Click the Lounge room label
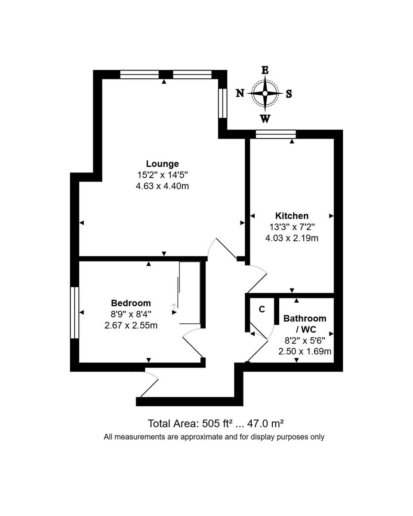162,164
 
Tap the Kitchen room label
292,216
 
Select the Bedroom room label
131,303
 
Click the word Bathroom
305,319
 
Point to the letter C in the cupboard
262,309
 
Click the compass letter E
265,70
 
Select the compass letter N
240,93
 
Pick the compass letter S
289,94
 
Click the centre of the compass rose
265,93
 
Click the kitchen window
275,134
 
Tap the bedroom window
75,313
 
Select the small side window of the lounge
222,103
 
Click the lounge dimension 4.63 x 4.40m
162,186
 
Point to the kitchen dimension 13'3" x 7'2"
292,227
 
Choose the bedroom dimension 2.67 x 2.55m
131,326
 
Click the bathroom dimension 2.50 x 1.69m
305,352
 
